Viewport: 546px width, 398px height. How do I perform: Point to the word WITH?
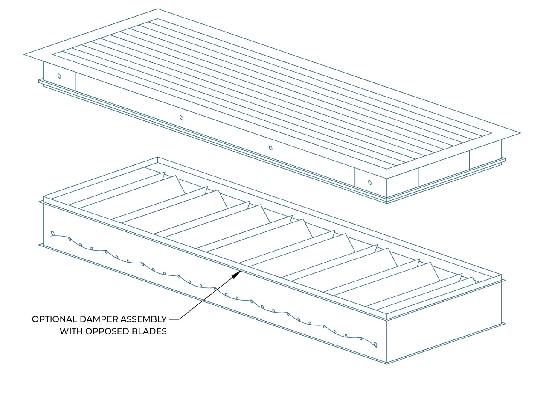pos(70,331)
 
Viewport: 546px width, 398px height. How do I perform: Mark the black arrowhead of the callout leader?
pos(236,275)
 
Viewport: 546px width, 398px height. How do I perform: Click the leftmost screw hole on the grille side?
pos(59,76)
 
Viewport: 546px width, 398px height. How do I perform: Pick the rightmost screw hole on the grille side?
pos(370,183)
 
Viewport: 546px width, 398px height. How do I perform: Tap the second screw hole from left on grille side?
pos(181,118)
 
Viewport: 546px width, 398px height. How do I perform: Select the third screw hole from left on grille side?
pos(270,148)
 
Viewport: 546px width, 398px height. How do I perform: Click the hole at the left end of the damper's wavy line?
pos(52,233)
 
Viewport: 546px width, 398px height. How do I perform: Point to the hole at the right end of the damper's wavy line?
pos(375,345)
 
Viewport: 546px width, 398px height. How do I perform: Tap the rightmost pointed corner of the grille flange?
pos(520,133)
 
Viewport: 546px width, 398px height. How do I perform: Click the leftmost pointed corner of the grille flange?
pos(24,55)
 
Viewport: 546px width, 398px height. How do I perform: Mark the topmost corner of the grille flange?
pos(157,9)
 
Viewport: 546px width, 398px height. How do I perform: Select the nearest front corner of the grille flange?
pos(387,179)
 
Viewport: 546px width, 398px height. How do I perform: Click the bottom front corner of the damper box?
pos(387,363)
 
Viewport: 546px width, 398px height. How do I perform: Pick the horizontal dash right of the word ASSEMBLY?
pos(174,319)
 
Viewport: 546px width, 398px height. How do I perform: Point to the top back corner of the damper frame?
pos(158,157)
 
